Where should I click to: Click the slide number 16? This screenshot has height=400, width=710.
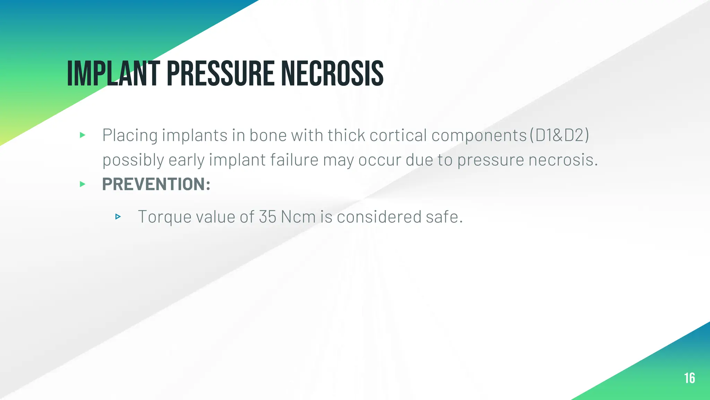[x=689, y=378]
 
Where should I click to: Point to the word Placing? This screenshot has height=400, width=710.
[x=130, y=135]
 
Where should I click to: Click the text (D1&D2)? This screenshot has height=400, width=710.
[x=560, y=135]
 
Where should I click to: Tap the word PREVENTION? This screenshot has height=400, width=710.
[x=156, y=184]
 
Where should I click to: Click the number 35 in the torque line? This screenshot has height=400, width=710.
[x=267, y=217]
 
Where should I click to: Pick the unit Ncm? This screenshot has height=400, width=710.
[x=298, y=217]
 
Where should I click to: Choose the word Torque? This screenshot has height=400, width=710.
[x=165, y=217]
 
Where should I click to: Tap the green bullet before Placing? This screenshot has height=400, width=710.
[x=83, y=135]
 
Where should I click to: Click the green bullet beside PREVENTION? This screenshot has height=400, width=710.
[x=83, y=184]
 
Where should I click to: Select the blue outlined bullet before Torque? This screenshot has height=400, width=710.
[x=118, y=217]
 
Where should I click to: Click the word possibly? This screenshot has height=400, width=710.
[x=133, y=160]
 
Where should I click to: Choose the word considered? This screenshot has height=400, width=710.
[x=379, y=217]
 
